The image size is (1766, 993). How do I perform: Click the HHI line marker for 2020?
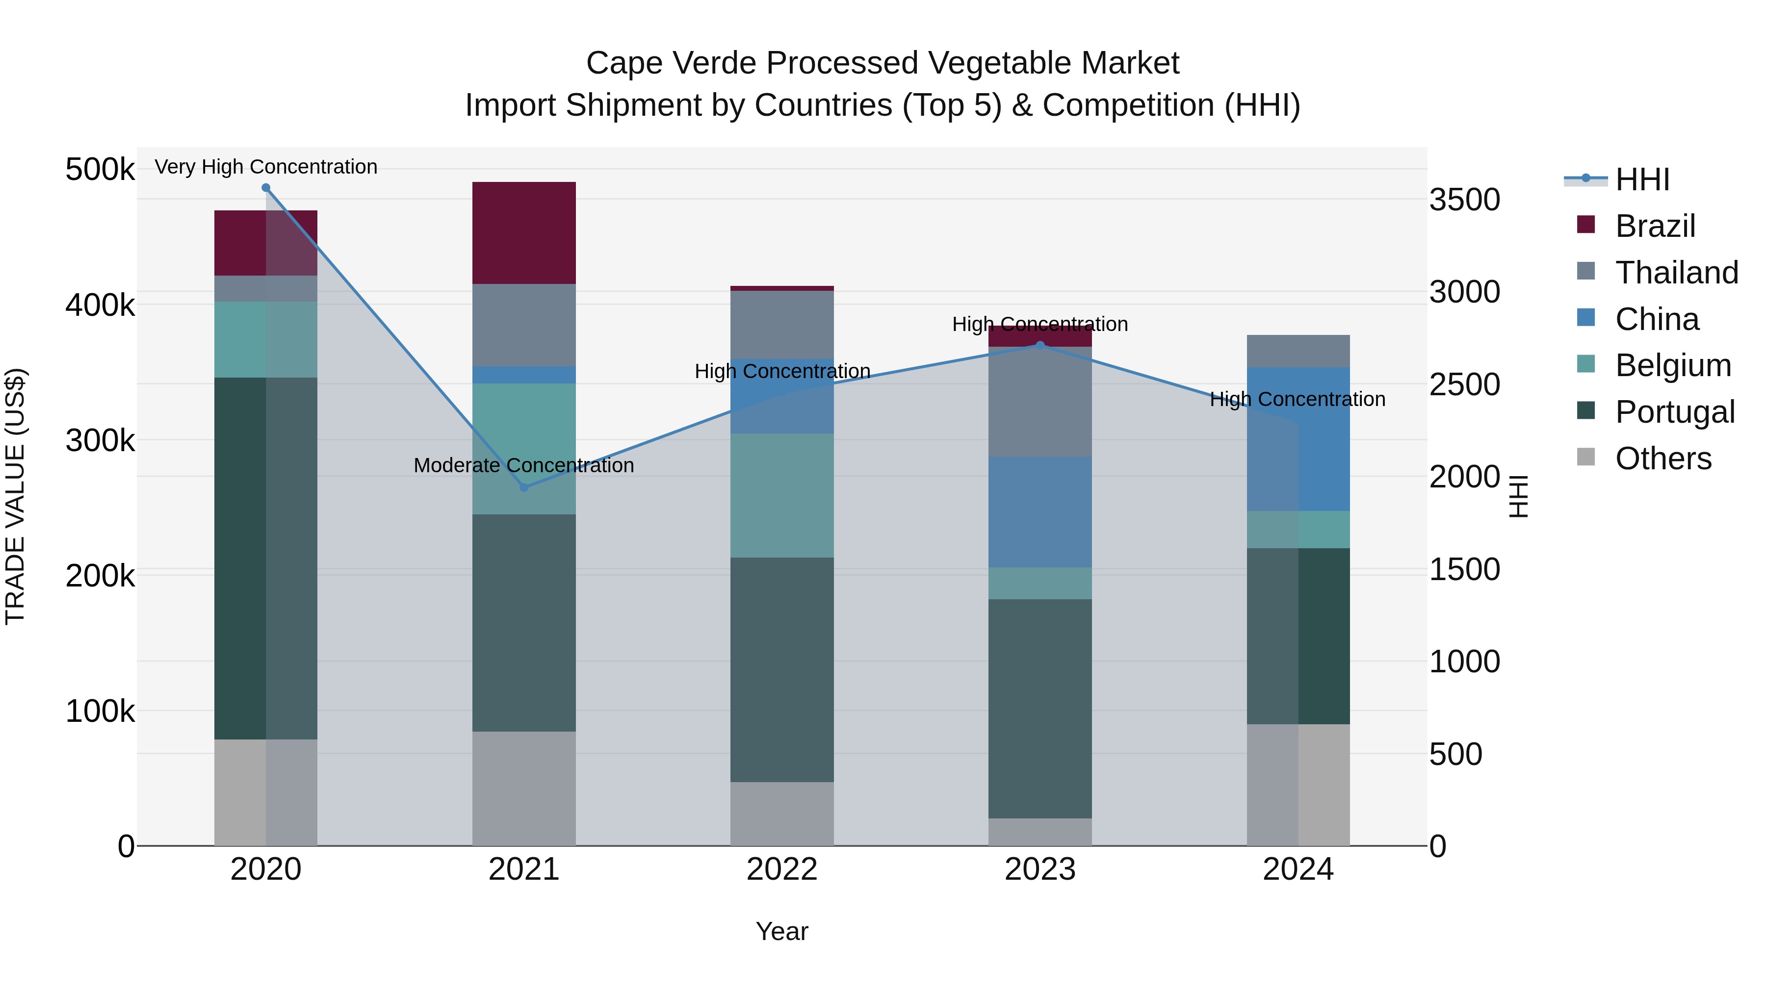click(x=266, y=188)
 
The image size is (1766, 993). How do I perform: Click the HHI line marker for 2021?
click(x=524, y=487)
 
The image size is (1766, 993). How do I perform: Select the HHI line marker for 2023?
click(x=1040, y=345)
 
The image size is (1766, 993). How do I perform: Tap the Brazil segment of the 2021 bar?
click(x=524, y=233)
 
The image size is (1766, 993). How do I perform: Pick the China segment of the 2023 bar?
click(x=1040, y=512)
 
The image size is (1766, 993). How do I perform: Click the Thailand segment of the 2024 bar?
click(x=1298, y=352)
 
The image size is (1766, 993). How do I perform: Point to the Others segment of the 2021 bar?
click(x=524, y=788)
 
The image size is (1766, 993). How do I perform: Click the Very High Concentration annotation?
click(x=266, y=167)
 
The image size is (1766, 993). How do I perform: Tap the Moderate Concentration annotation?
click(x=524, y=465)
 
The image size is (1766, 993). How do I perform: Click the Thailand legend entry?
click(x=1676, y=273)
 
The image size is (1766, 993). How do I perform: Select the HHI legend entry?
click(x=1641, y=179)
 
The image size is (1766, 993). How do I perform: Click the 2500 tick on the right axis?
click(x=1464, y=384)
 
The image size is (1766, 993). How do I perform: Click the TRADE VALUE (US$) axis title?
click(x=15, y=496)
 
